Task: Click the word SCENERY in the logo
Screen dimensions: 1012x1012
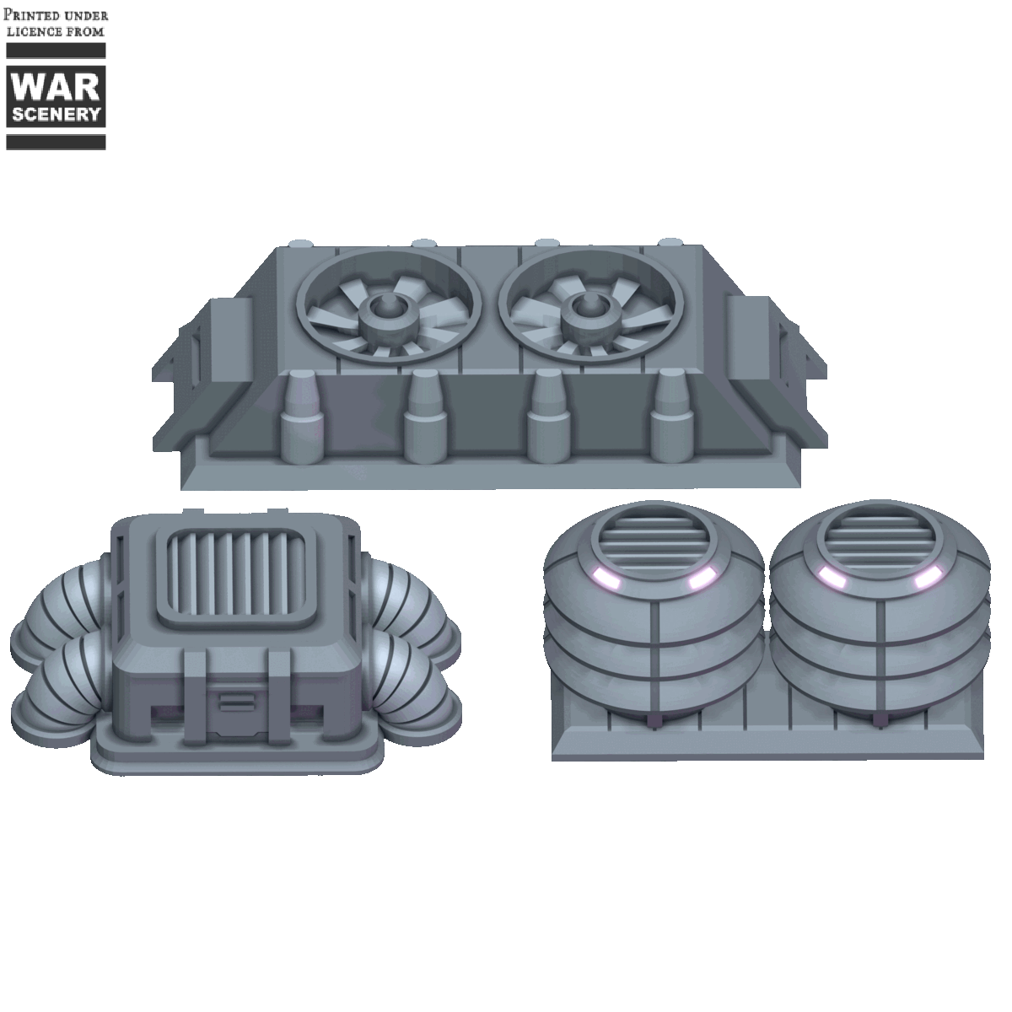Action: point(56,114)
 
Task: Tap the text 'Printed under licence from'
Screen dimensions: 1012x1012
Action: point(57,23)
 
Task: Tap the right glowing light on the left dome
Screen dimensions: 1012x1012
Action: point(700,579)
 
